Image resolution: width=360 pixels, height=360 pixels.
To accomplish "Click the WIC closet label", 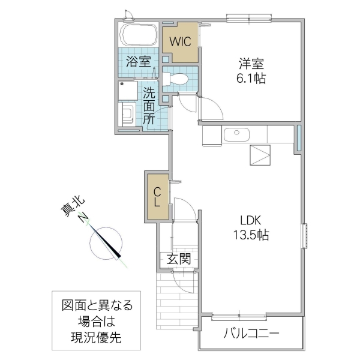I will (180, 42).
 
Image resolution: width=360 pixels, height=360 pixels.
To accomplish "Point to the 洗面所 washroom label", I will (149, 106).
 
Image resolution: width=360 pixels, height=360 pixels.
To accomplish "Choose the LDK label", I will (250, 220).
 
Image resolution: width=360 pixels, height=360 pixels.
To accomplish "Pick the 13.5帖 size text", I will (250, 235).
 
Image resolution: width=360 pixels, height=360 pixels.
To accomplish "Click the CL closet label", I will (157, 197).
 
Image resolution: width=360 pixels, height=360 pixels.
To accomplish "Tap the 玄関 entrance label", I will (178, 260).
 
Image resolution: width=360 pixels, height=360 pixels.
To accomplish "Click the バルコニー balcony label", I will (252, 334).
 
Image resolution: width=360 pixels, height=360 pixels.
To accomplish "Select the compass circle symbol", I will (106, 241).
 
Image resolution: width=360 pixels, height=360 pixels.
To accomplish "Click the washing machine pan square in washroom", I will (127, 91).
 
